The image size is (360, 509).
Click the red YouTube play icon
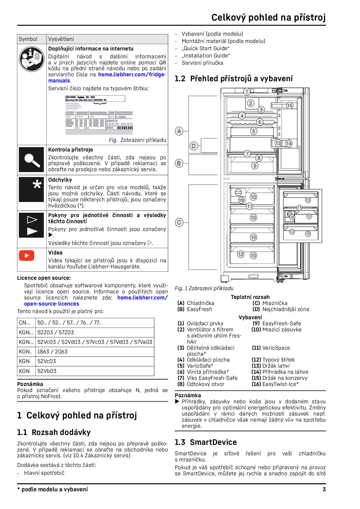[x=26, y=255]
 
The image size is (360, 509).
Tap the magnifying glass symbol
[x=32, y=160]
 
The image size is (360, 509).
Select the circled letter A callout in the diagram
[x=179, y=131]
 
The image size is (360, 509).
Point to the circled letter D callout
[x=194, y=146]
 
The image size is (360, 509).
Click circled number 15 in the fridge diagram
[x=289, y=106]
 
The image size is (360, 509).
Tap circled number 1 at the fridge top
[x=246, y=92]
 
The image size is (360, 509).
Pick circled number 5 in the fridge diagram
[x=253, y=131]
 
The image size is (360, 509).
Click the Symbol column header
[x=28, y=39]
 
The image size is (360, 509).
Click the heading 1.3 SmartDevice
[x=206, y=442]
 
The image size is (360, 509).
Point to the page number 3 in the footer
[x=324, y=490]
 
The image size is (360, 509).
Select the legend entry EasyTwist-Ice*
[x=280, y=384]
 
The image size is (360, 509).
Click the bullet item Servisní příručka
[x=202, y=63]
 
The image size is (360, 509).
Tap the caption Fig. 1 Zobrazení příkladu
[x=204, y=288]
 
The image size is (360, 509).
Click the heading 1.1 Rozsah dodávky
[x=54, y=432]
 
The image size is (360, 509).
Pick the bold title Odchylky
[x=60, y=180]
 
